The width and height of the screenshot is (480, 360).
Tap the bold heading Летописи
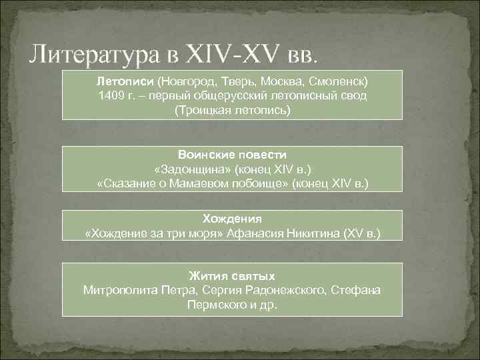coord(125,80)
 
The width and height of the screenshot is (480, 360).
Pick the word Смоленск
coord(340,80)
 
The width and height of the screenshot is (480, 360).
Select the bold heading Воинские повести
coord(233,154)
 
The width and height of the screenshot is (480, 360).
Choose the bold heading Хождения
coord(232,218)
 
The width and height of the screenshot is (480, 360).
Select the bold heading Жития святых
coord(232,275)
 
